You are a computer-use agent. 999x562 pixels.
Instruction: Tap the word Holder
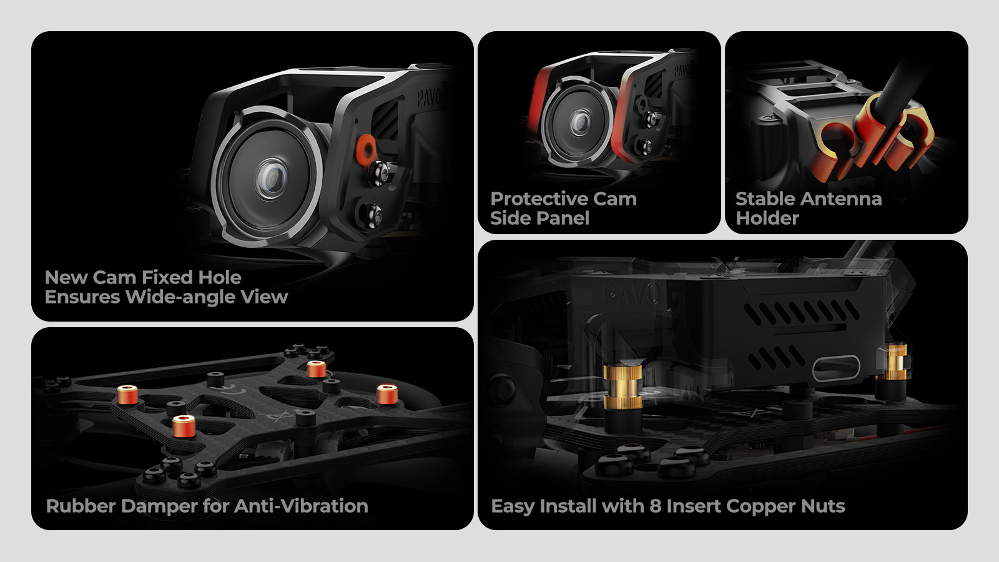pos(767,218)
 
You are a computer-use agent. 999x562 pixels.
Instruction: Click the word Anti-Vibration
pos(301,506)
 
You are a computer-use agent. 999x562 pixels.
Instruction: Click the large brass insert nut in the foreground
pos(623,387)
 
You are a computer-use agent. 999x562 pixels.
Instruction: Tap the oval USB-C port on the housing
pos(836,368)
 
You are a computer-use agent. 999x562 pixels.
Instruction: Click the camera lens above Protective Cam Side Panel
pos(580,122)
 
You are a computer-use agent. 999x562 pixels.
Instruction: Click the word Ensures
pos(82,297)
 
